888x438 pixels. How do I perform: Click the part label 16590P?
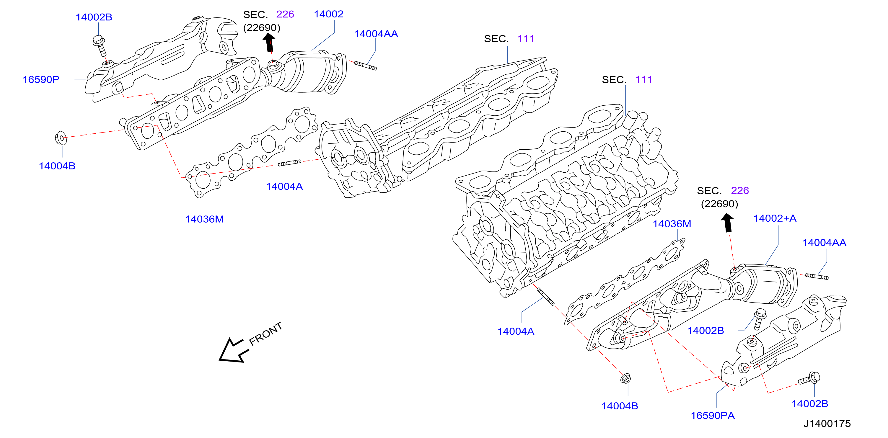[x=41, y=80]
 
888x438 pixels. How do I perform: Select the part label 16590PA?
[x=713, y=416]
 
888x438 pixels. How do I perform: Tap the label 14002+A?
[x=775, y=218]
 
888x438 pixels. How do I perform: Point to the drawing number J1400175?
[x=827, y=424]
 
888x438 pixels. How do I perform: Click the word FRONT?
[x=265, y=334]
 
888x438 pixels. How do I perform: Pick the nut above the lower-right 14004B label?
[x=626, y=378]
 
